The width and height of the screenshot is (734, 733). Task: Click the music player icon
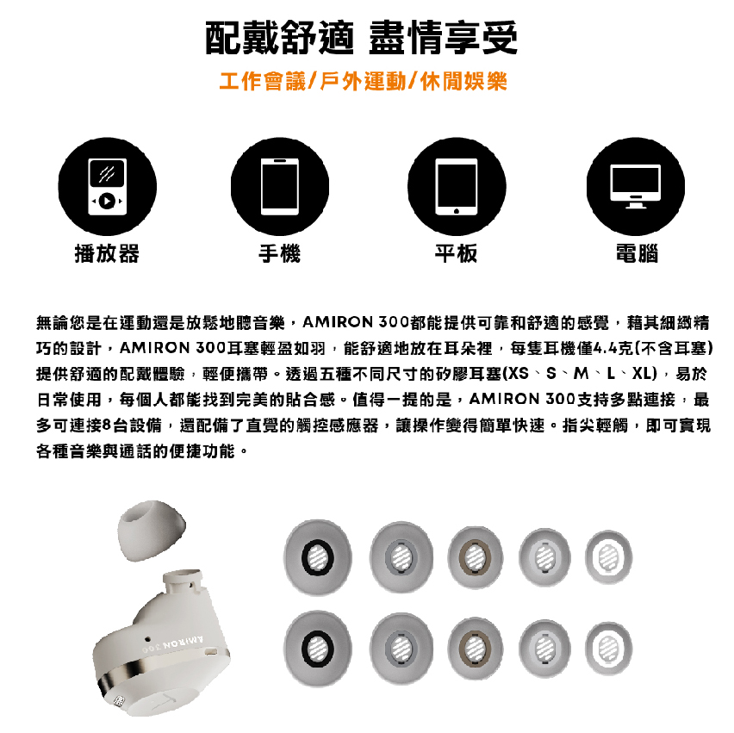point(107,186)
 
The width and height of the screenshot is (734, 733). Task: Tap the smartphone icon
point(280,186)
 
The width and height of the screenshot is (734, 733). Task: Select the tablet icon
point(457,186)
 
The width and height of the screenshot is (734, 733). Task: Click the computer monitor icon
point(635,186)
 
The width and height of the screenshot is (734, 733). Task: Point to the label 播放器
point(107,254)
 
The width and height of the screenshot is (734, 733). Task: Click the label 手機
point(280,254)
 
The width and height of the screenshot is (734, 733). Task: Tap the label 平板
point(457,254)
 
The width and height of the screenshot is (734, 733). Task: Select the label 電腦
point(637,254)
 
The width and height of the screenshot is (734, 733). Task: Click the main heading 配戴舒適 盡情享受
point(361,38)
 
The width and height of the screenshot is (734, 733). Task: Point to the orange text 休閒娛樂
point(463,82)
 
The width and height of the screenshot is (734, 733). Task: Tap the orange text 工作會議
point(262,82)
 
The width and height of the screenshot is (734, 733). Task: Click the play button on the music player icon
point(107,201)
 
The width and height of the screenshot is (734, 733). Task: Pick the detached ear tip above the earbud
point(151,530)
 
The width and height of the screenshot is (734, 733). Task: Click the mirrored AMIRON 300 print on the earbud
point(173,644)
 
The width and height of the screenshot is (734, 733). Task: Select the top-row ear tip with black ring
point(318,557)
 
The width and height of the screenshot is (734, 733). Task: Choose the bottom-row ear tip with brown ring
point(476,649)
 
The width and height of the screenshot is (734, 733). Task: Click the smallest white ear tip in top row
point(608,557)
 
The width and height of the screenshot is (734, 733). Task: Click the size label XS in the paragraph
point(518,374)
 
